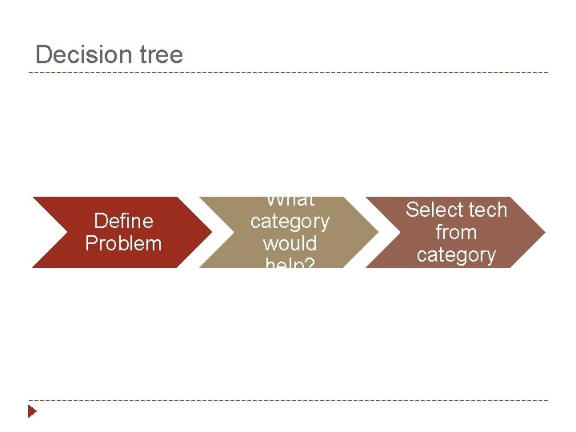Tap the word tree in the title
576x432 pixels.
tap(161, 54)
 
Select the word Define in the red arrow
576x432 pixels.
tap(123, 220)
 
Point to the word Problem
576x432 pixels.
tap(123, 243)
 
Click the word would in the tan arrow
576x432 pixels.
tap(290, 243)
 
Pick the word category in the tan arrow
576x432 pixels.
tap(290, 221)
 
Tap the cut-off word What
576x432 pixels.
tap(290, 201)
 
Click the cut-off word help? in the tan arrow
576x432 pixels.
tap(290, 262)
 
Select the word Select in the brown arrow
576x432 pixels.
tap(434, 210)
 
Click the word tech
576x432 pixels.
tap(487, 210)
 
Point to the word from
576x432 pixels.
tap(456, 232)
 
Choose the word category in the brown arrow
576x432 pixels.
tap(456, 254)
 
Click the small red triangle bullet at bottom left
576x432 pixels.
tap(32, 412)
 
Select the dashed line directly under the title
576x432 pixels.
tap(288, 73)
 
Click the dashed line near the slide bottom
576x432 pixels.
tap(288, 400)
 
